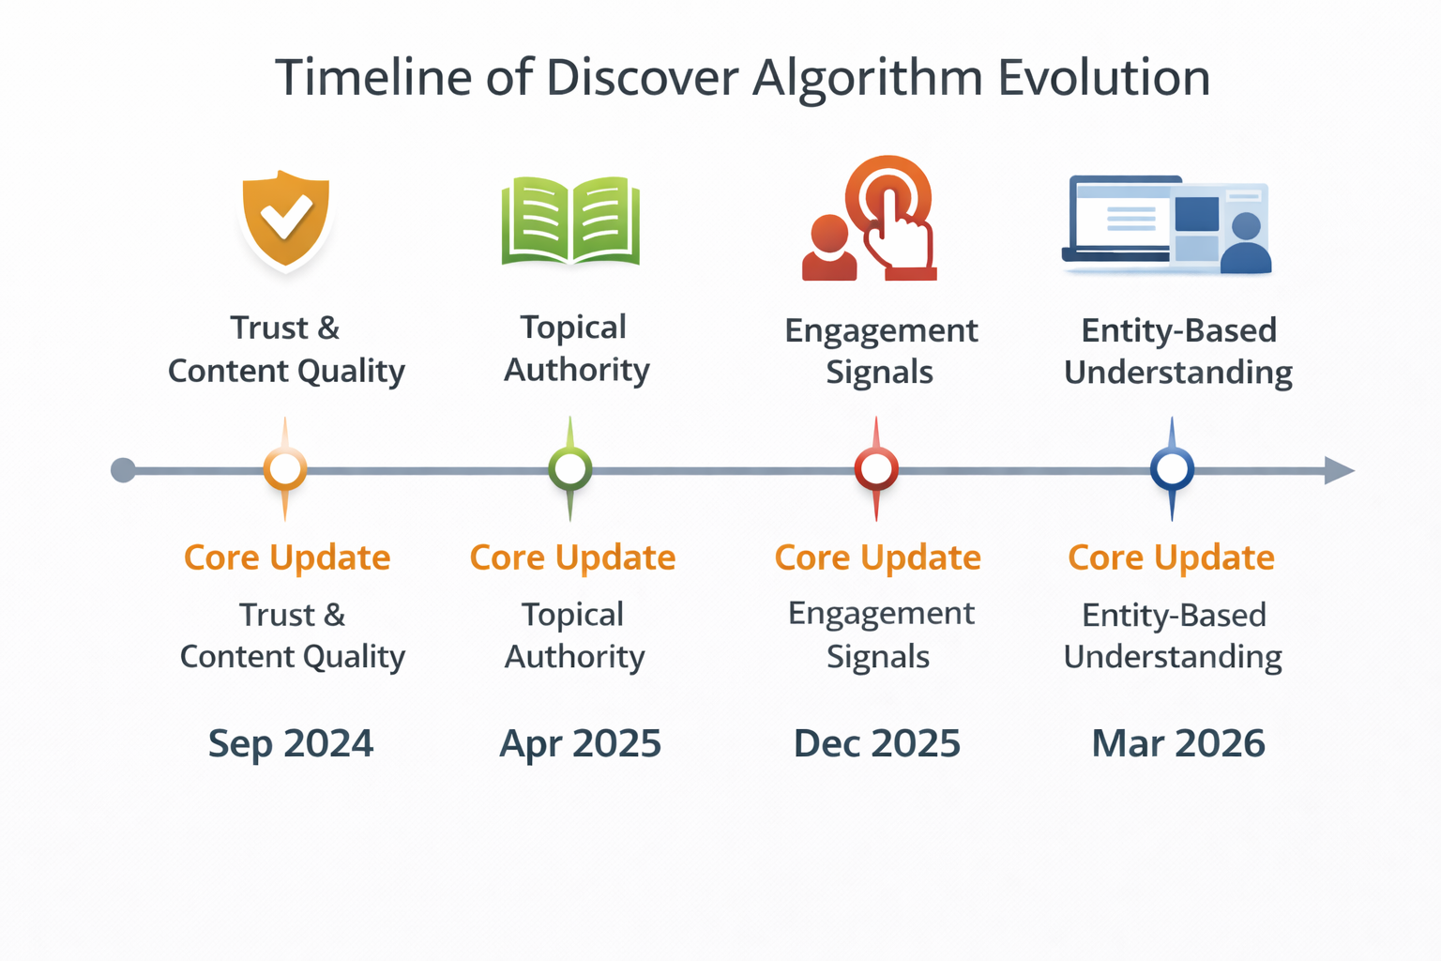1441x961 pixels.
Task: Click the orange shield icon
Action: click(x=285, y=219)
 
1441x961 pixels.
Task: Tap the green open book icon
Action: click(x=570, y=221)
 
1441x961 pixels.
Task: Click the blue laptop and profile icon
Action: click(x=1167, y=225)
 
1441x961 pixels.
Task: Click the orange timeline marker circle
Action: click(x=285, y=468)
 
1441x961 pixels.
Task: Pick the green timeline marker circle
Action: click(x=570, y=468)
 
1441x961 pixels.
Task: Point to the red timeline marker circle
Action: click(x=876, y=468)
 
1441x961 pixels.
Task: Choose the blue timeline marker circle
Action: click(x=1172, y=468)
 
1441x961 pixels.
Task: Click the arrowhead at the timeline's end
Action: click(x=1339, y=470)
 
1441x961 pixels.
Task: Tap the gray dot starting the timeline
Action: click(x=123, y=470)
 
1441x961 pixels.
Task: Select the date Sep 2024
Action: click(x=291, y=743)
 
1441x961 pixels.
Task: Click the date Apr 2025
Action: click(x=581, y=743)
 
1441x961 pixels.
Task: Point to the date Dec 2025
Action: click(x=877, y=743)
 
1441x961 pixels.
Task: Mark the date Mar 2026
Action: click(x=1178, y=743)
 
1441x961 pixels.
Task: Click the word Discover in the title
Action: click(x=642, y=78)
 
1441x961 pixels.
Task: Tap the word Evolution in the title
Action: click(x=1103, y=78)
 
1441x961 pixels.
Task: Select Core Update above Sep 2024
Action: click(x=287, y=557)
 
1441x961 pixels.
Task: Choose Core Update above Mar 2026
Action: click(x=1171, y=557)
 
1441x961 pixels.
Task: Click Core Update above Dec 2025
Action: click(x=877, y=557)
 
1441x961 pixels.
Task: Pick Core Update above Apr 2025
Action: click(x=572, y=557)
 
